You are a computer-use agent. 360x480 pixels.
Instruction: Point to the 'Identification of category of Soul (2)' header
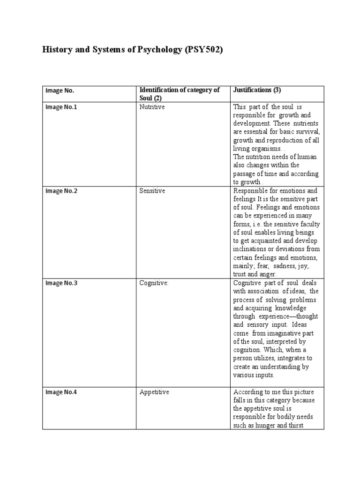coord(180,94)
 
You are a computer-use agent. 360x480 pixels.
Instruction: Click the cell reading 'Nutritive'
coord(152,107)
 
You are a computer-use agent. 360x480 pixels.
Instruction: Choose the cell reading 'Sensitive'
coord(152,191)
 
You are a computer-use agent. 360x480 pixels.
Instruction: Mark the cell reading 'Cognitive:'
coord(154,283)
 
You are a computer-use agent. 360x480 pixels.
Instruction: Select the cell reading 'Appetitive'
coord(154,392)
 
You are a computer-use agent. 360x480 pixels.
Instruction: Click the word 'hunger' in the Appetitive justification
coord(271,426)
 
